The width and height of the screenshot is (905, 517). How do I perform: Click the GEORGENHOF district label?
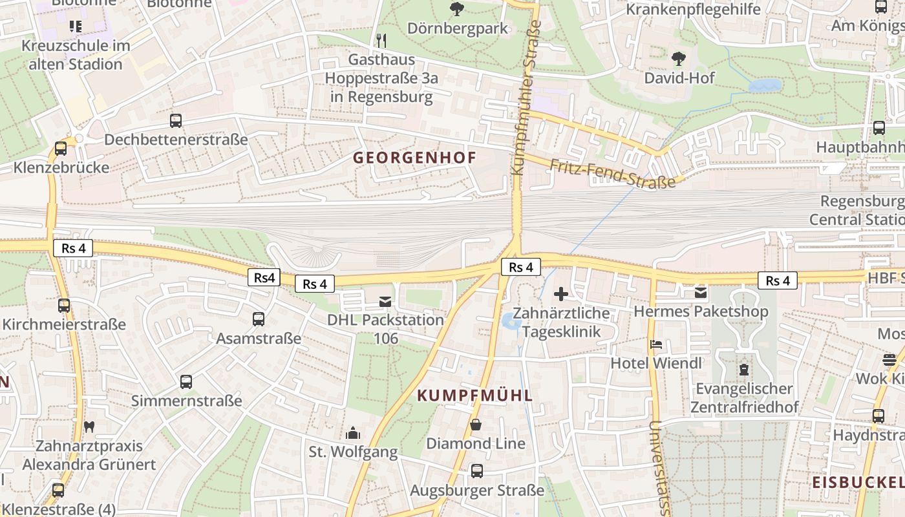click(x=414, y=158)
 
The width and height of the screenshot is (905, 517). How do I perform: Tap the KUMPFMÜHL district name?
click(x=475, y=396)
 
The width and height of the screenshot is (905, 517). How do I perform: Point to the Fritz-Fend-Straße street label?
click(x=612, y=173)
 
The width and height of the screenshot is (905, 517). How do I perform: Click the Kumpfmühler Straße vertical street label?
click(x=526, y=97)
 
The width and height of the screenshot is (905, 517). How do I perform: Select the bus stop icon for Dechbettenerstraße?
click(x=176, y=120)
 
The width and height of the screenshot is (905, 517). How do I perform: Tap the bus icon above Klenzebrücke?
click(x=61, y=148)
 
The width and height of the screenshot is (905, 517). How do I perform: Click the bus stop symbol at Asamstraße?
click(x=259, y=319)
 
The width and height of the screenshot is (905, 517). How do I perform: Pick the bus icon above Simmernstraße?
click(x=186, y=381)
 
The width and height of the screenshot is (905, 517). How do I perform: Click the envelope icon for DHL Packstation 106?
click(x=385, y=301)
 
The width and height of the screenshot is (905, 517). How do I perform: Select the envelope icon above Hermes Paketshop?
click(x=701, y=293)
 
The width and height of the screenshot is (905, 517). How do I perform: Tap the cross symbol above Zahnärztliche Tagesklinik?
click(x=561, y=294)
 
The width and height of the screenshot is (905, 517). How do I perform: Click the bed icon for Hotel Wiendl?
click(x=656, y=344)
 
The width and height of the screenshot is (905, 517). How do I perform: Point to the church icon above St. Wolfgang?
click(x=353, y=432)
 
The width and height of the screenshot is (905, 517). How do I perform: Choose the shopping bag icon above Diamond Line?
click(x=476, y=425)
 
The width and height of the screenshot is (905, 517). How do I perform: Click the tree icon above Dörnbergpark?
click(x=457, y=9)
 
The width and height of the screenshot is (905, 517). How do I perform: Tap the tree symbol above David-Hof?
click(x=679, y=59)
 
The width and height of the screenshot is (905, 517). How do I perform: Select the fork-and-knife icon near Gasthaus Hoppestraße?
click(x=381, y=40)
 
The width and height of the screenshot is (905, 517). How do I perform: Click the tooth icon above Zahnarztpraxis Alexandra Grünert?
click(x=90, y=426)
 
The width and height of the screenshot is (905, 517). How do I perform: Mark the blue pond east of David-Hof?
click(x=765, y=86)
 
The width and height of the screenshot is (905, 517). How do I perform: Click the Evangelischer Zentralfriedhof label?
click(x=743, y=398)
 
